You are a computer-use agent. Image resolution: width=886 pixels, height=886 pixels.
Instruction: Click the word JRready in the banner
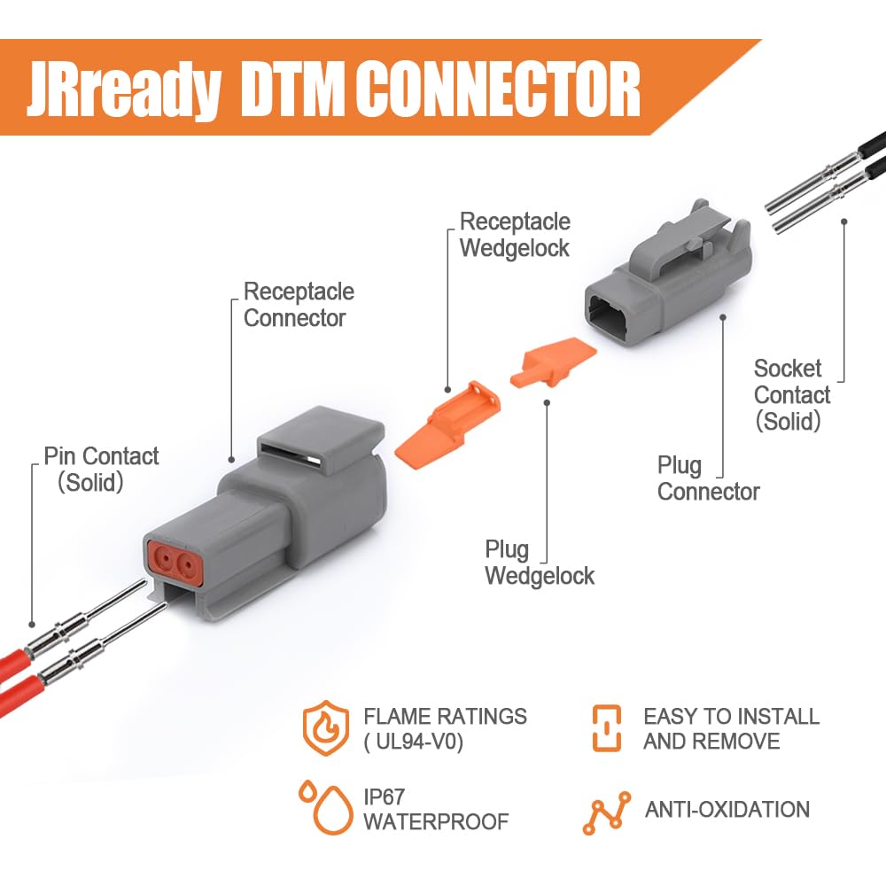coord(123,89)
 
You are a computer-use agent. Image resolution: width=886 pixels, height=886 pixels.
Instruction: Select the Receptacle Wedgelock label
coord(515,235)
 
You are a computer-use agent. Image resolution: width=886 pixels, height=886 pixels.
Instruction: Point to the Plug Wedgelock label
coord(539,563)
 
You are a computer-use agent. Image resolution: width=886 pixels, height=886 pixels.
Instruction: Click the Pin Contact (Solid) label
coord(102,469)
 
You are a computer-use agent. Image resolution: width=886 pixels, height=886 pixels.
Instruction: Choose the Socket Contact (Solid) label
coord(791,395)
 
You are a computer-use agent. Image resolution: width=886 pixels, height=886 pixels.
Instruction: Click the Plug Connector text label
coord(708,478)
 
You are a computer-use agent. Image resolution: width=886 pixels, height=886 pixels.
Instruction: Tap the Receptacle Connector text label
coord(299,305)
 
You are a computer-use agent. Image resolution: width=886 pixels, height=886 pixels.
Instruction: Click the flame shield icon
coord(325,727)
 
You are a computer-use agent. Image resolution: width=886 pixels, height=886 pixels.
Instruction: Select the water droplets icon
coord(326,808)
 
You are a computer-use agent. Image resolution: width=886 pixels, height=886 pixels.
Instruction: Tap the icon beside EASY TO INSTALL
coord(606,727)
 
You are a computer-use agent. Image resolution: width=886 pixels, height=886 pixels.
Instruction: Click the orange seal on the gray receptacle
coord(174,561)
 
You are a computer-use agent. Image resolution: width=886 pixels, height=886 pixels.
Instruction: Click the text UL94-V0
coord(414,742)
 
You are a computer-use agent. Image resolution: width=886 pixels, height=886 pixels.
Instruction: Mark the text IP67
coord(385,797)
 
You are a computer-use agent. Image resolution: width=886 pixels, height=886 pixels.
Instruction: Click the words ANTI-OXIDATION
coord(727,809)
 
